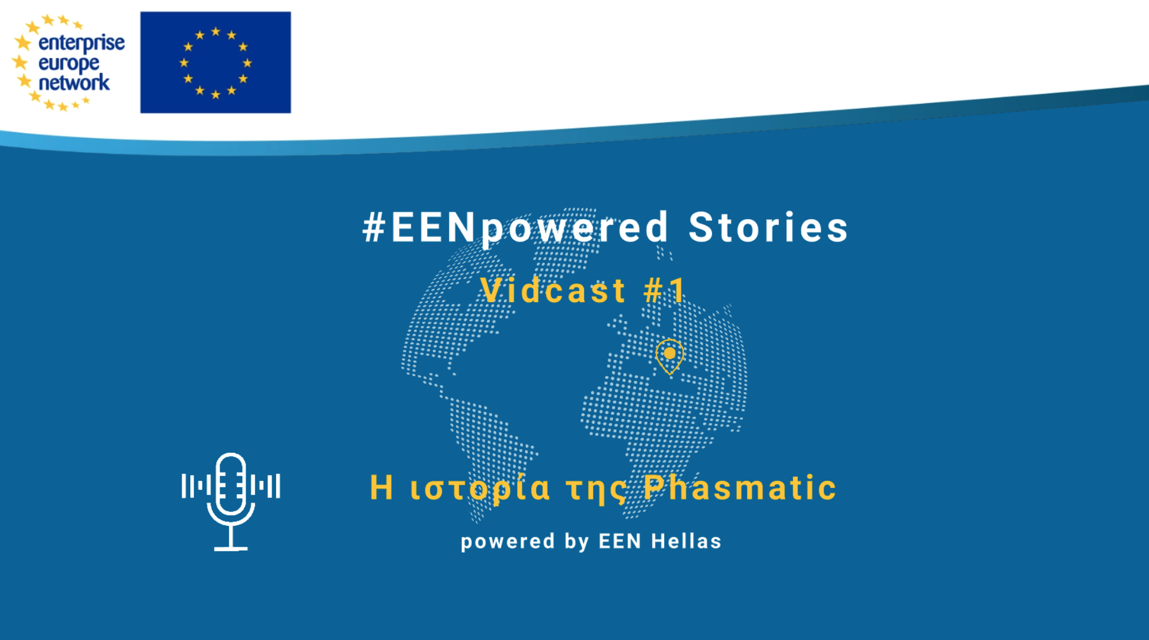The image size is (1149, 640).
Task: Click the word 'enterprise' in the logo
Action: coord(81,43)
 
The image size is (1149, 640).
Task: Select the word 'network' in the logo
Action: coord(74,82)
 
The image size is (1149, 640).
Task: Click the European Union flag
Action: coord(216,62)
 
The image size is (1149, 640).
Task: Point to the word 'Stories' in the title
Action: coord(768,227)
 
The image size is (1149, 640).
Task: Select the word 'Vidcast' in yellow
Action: coord(553,290)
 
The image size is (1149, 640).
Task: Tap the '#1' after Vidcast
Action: coord(664,290)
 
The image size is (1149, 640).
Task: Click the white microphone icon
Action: coord(231,501)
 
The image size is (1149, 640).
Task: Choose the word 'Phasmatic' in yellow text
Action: coord(740,488)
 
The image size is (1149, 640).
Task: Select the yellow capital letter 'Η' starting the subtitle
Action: coord(381,487)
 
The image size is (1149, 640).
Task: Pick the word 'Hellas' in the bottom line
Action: coord(686,541)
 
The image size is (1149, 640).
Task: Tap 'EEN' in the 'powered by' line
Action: coord(620,541)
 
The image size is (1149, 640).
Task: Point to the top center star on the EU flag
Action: coord(216,31)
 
